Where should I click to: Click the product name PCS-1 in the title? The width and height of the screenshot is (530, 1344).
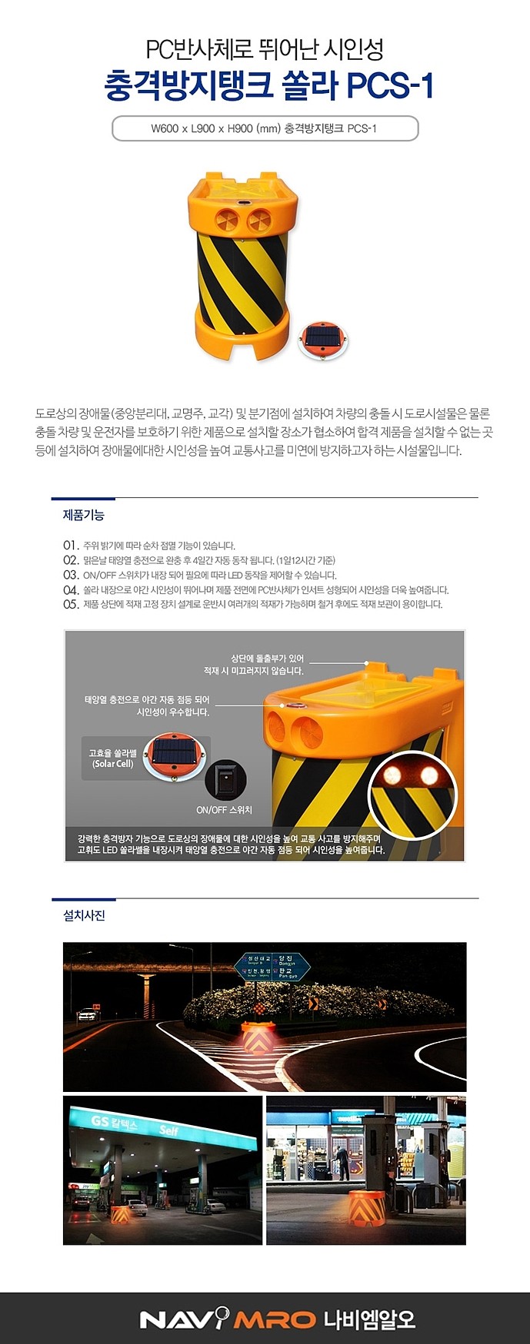390,85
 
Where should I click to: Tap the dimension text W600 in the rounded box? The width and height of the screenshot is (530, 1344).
165,128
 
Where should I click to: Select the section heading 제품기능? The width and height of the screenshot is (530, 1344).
83,515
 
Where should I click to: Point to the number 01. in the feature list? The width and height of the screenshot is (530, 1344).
71,545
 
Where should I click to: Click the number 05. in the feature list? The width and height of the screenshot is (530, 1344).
71,604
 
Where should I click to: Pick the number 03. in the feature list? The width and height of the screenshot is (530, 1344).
71,575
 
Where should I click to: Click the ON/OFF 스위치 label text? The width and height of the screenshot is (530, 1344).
224,810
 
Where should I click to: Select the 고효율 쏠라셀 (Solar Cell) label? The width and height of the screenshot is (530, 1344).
112,758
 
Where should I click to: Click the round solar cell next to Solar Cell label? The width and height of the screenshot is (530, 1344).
175,758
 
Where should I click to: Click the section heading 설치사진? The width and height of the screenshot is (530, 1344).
84,915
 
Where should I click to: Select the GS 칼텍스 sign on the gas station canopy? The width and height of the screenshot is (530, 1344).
114,1123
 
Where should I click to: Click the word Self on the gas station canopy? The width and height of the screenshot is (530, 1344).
168,1130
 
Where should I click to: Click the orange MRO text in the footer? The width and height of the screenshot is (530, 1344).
275,1320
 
